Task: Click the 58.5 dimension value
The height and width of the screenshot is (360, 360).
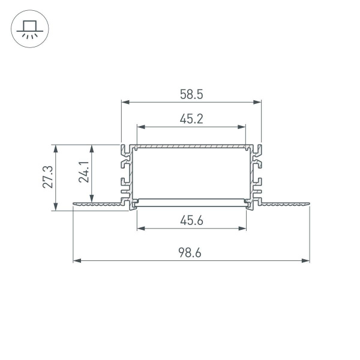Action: coord(191,94)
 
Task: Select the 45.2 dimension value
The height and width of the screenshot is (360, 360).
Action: coord(191,119)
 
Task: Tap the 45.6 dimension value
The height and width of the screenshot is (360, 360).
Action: coord(191,220)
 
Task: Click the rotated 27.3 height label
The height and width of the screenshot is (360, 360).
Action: coord(49,177)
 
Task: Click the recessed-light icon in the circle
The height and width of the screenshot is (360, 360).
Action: coord(28,29)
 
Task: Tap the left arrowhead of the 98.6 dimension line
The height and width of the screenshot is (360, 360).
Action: coord(76,261)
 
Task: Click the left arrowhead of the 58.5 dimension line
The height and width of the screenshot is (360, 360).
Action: coord(125,103)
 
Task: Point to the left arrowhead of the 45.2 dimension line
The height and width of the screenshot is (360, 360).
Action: coord(140,127)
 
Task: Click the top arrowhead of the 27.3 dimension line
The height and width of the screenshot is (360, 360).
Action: coord(56,148)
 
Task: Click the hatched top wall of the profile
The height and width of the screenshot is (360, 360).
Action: coord(191,146)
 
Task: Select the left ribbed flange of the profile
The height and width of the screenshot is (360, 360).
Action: coord(99,206)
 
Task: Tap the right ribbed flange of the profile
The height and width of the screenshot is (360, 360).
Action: coord(285,206)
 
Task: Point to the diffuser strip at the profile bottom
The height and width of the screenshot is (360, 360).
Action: coord(191,200)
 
